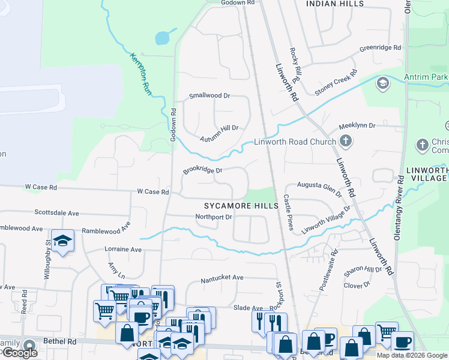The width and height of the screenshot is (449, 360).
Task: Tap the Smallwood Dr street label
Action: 209,95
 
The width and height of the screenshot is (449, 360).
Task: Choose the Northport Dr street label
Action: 213,217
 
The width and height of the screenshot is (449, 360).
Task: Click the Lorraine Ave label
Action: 123,249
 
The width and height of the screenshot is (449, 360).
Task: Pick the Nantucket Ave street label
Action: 221,278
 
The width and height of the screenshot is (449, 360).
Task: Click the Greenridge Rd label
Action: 380,48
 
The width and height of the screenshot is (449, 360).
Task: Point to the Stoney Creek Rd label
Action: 336,82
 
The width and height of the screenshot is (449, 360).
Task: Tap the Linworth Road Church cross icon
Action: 345,142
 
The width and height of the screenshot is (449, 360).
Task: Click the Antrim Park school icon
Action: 382,83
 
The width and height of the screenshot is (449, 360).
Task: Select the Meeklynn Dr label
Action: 357,126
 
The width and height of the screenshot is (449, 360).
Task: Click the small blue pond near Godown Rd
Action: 162,38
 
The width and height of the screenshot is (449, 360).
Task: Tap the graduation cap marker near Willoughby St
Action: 62,241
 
